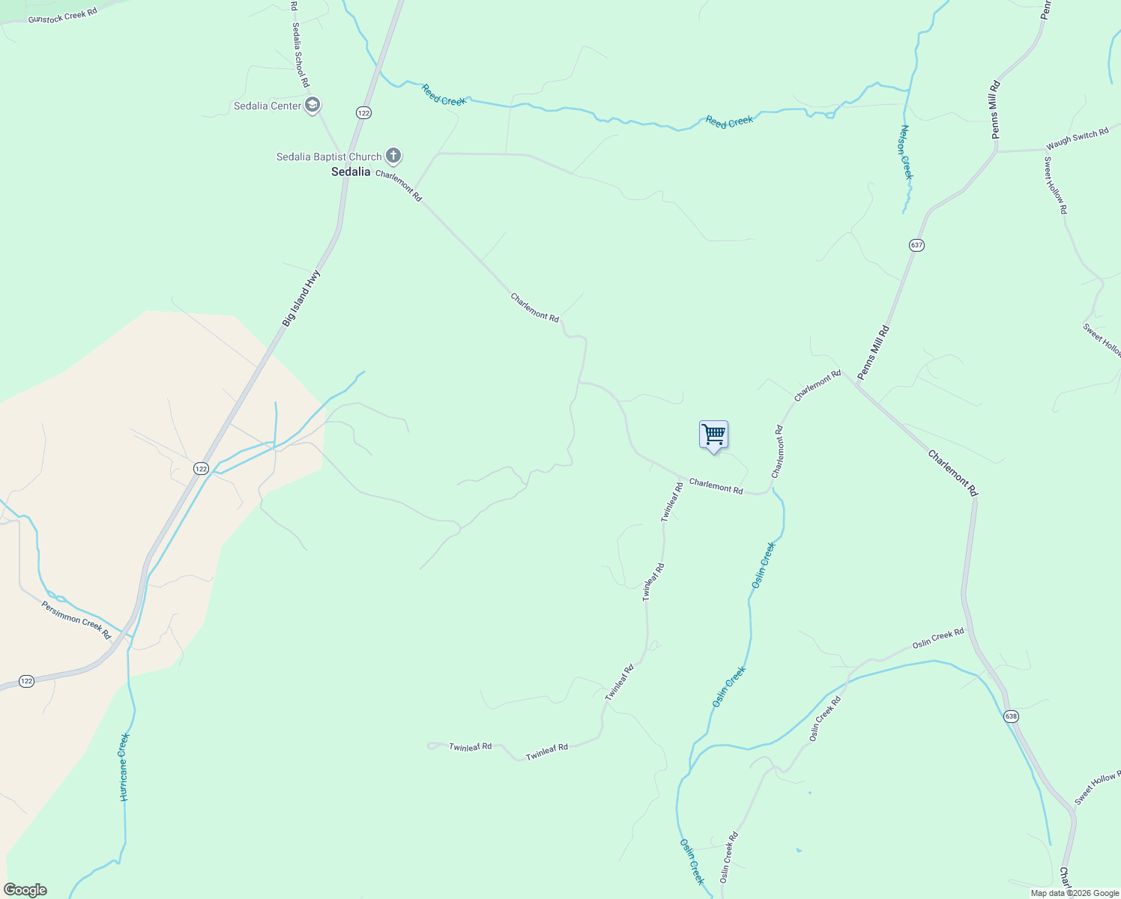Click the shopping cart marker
pos(713,435)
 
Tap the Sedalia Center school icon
pos(312,105)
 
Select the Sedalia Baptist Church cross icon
pos(393,156)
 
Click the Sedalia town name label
pos(351,172)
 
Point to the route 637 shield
pos(917,245)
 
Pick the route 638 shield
pos(1012,716)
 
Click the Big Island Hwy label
pos(301,297)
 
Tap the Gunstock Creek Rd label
pos(63,15)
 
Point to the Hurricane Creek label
pos(124,767)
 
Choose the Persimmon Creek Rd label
pos(76,620)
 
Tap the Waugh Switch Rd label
pos(1077,139)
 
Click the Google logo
pos(24,890)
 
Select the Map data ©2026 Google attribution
pos(1075,893)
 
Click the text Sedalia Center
pos(268,106)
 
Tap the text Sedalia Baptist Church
pos(329,157)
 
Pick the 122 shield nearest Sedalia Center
pos(363,112)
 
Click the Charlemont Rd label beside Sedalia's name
pos(399,186)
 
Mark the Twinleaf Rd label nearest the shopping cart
pos(672,502)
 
